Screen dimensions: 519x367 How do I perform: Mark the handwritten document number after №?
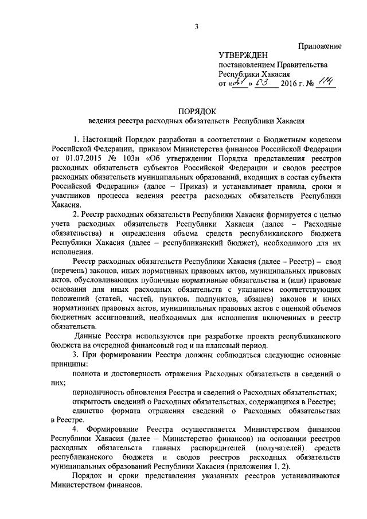pyautogui.click(x=326, y=83)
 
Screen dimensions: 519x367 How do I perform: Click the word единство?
pyautogui.click(x=88, y=412)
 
